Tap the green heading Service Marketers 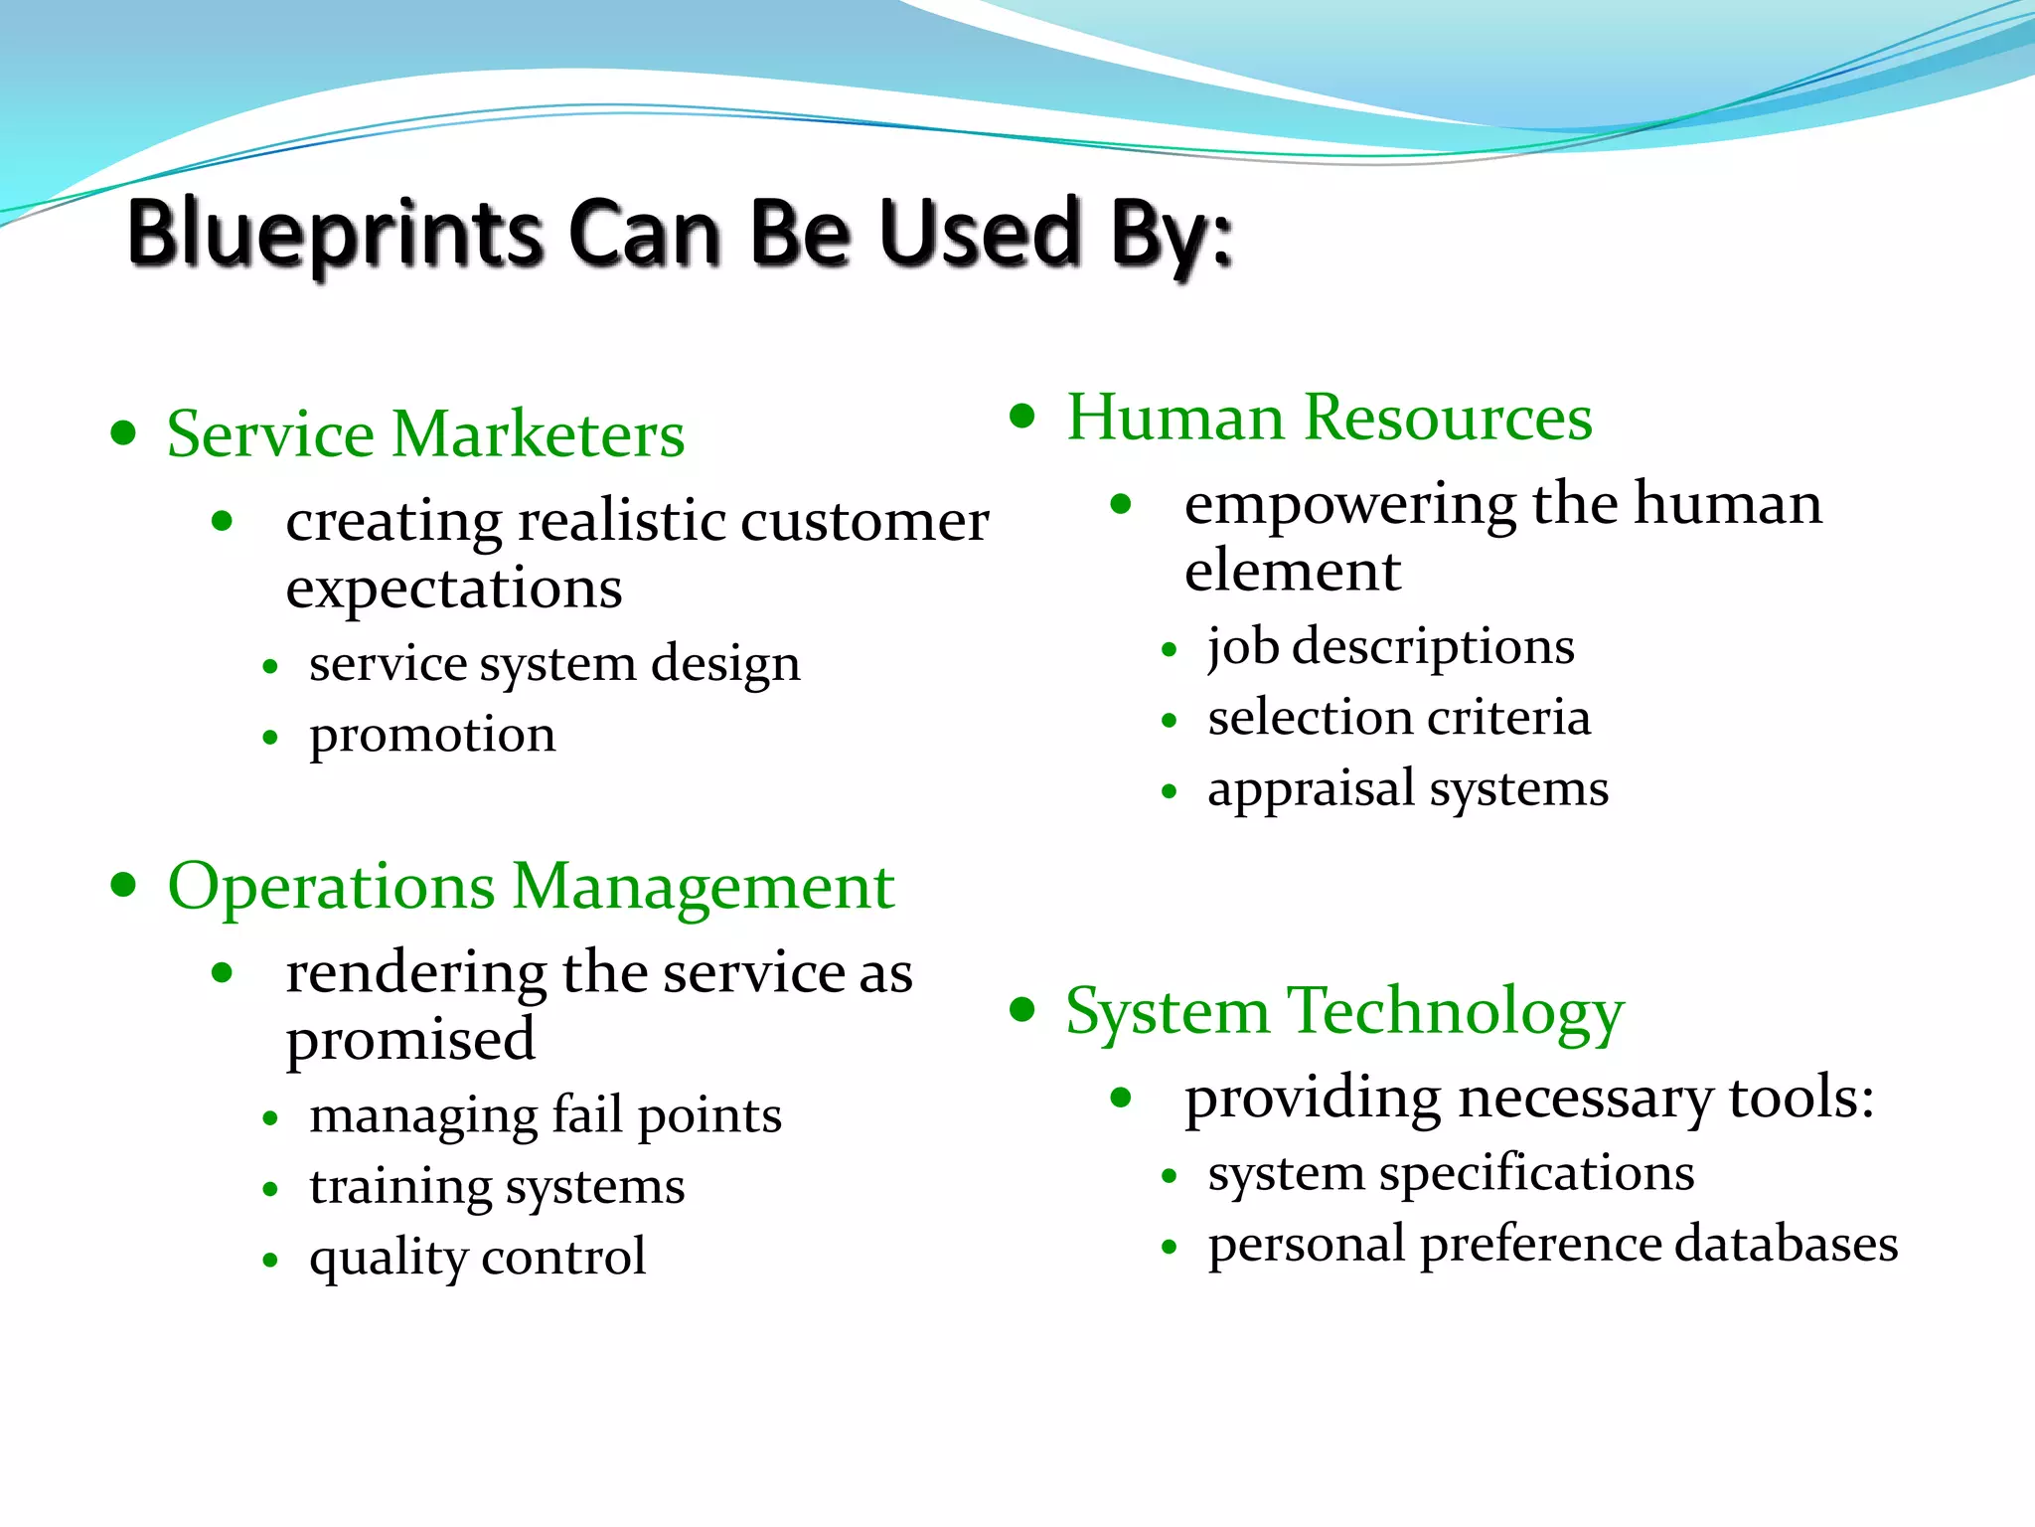(425, 434)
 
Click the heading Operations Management (531, 886)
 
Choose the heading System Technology (1344, 1011)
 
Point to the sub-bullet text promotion (432, 736)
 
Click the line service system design (553, 663)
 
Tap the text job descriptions (1390, 647)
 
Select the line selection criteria (1398, 718)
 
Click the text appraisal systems (1407, 789)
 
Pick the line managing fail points (545, 1115)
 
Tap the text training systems (497, 1187)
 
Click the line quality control (477, 1258)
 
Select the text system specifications (1451, 1174)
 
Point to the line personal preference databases (1552, 1245)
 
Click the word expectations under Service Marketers (454, 590)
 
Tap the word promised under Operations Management (410, 1040)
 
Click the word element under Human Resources (1292, 572)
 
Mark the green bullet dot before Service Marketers (123, 433)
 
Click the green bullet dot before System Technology (1022, 1010)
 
